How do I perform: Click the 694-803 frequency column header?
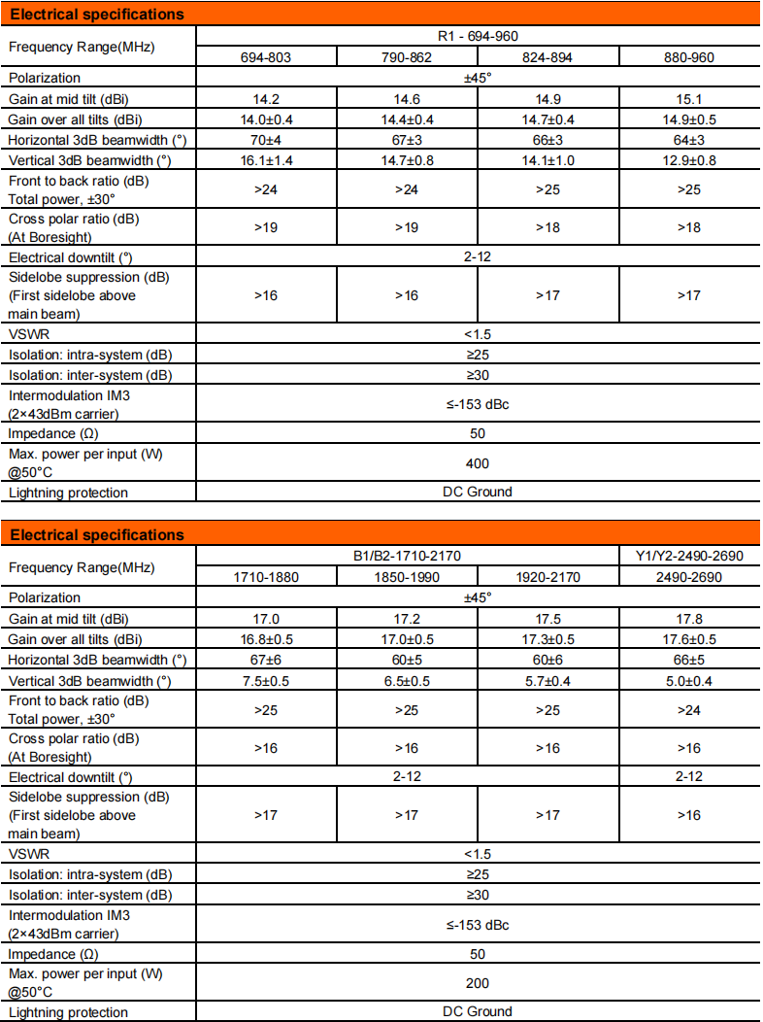tap(266, 57)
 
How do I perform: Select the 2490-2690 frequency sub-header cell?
tap(689, 577)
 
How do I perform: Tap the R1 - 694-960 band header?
tap(478, 37)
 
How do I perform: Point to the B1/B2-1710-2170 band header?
tap(407, 557)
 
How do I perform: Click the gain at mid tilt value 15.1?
tap(689, 99)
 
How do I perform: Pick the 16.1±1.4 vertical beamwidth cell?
tap(266, 160)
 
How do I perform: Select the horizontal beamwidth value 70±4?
tap(266, 140)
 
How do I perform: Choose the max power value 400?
tap(478, 463)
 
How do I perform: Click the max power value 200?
tap(478, 983)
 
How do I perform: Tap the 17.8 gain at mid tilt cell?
tap(689, 619)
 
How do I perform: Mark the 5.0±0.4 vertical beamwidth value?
tap(689, 680)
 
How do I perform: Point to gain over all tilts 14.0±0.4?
tap(266, 119)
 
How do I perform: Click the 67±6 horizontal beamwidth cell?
tap(266, 660)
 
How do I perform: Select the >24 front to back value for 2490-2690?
tap(689, 710)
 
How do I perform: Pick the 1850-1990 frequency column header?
tap(407, 577)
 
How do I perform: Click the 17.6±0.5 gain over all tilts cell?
tap(689, 639)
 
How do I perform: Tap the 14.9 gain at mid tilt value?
tap(547, 99)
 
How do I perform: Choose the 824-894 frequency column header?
tap(547, 57)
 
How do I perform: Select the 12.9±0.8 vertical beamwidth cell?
tap(689, 160)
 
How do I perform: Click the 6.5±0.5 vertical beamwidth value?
tap(407, 680)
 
